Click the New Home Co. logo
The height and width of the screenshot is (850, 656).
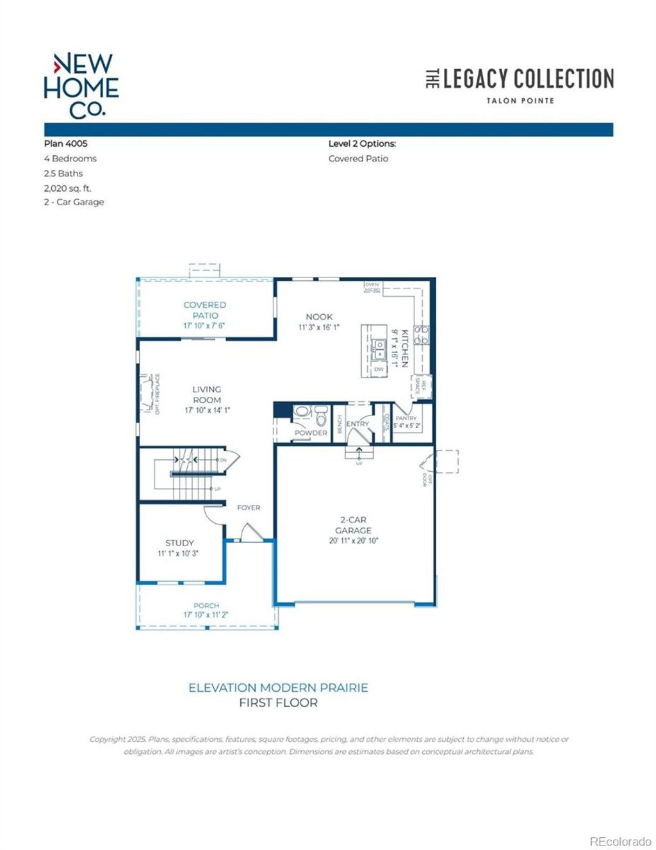click(x=81, y=86)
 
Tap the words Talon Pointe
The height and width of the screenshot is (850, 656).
click(x=520, y=101)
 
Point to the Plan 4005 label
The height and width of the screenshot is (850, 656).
click(x=65, y=144)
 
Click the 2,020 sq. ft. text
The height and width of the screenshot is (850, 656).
click(x=67, y=188)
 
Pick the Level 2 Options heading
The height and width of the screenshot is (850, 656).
click(x=362, y=144)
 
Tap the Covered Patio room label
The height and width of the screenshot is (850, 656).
click(x=205, y=310)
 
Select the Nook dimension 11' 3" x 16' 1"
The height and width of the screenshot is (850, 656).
click(x=319, y=328)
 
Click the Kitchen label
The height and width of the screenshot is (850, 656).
click(x=405, y=348)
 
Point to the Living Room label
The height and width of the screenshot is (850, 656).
click(x=207, y=394)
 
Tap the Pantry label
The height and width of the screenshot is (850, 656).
click(x=406, y=418)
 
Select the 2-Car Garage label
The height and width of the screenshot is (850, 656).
click(x=353, y=525)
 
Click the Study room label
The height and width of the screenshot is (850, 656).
click(x=179, y=543)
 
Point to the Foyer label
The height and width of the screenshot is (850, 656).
click(x=249, y=508)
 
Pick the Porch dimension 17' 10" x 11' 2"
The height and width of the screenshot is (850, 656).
click(x=206, y=615)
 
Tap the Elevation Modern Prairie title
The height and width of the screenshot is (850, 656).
click(x=278, y=688)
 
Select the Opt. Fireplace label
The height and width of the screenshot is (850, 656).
click(x=158, y=394)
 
